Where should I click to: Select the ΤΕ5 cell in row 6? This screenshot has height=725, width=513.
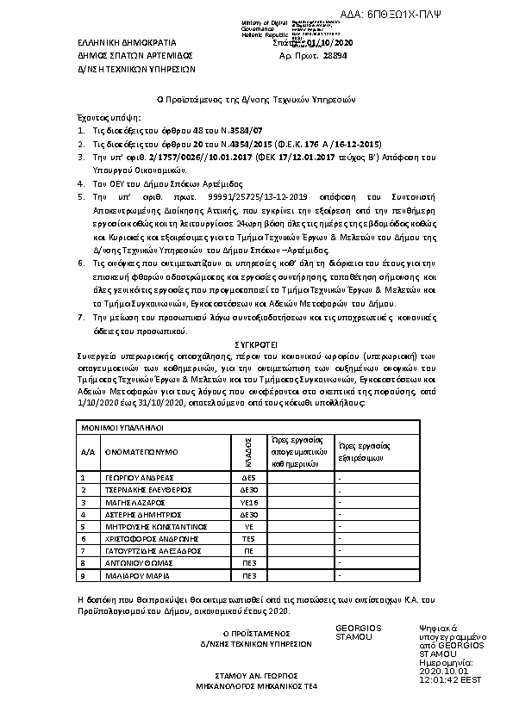tap(248, 538)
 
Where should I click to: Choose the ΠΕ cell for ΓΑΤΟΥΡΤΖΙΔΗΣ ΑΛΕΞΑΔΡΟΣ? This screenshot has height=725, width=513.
tap(248, 551)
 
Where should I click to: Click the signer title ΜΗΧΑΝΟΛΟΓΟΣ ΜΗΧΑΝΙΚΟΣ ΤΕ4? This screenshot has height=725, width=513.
tap(256, 687)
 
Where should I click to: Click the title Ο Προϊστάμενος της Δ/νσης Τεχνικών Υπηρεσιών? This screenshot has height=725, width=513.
tap(256, 100)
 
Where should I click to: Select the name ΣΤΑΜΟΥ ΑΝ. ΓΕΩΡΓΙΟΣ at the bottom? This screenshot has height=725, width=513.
tap(256, 676)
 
